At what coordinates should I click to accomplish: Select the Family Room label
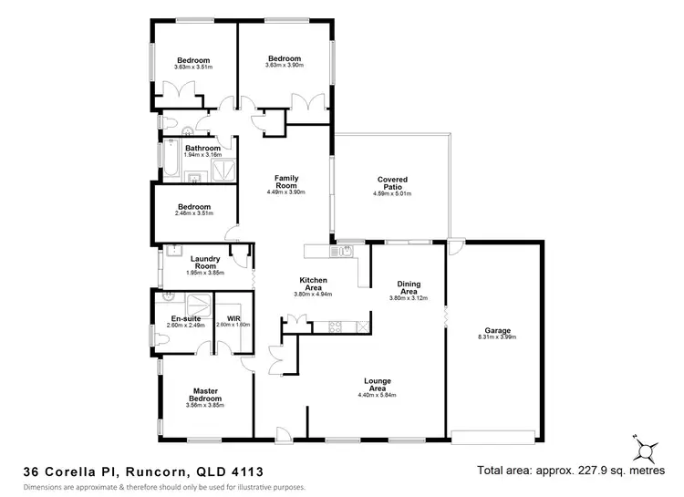(285, 181)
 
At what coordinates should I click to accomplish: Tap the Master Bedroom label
(205, 394)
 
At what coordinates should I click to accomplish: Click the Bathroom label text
(202, 148)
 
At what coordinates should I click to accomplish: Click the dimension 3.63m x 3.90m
(283, 66)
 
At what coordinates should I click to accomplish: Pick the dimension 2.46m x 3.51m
(194, 213)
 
